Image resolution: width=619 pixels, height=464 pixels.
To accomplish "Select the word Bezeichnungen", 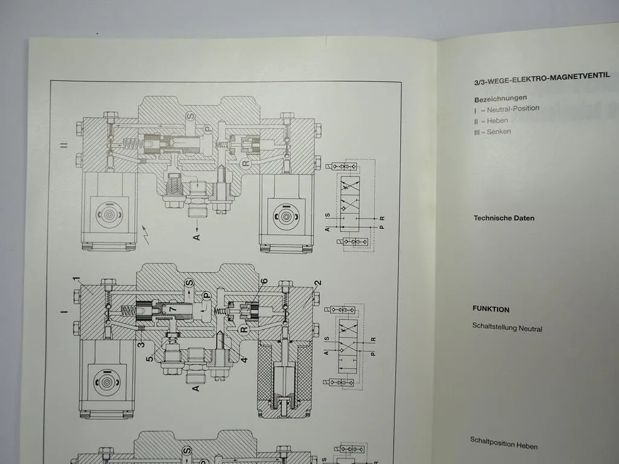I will (500, 98).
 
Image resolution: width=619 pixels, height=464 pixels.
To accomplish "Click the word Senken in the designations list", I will (499, 132).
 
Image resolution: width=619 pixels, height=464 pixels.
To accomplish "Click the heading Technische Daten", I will (504, 218).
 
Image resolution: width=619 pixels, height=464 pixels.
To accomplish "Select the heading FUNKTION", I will (491, 309).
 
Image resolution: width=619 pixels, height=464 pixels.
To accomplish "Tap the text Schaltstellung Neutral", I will (507, 327).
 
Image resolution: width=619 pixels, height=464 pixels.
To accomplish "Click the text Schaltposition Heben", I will (504, 443).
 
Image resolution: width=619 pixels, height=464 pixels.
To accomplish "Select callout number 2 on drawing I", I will (317, 283).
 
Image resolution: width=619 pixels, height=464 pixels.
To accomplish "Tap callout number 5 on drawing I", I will (149, 359).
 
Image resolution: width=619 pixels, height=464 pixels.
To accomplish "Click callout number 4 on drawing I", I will (244, 361).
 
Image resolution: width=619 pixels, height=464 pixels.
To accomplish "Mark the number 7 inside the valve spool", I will (173, 310).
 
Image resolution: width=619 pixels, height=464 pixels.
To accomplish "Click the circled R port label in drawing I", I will (244, 330).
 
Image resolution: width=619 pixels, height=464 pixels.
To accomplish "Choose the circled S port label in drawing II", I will (189, 115).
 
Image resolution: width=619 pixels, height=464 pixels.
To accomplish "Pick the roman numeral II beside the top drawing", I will (63, 146).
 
